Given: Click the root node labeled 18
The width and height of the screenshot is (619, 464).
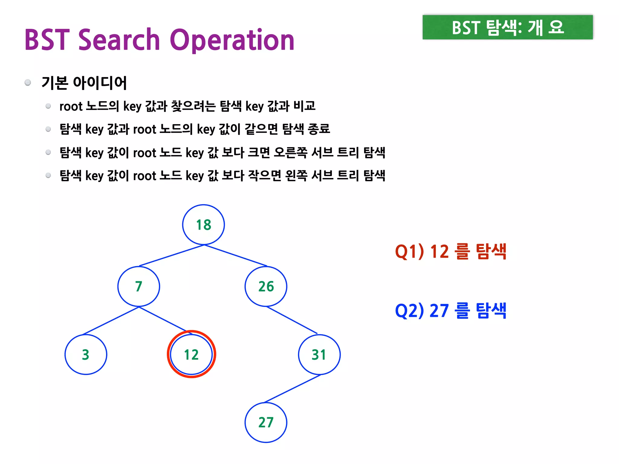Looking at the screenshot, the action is point(203,225).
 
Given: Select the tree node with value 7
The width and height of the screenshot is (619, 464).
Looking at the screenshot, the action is point(139,286).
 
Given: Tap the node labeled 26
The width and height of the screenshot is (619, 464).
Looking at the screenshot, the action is point(266,286).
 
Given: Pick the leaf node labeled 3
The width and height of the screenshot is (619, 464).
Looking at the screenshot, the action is point(86,355).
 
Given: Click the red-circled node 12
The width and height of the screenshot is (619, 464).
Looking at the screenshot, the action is point(191,354).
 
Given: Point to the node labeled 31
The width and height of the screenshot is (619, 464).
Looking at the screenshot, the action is point(319,355).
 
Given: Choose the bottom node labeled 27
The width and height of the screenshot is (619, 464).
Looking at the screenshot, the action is point(266,422).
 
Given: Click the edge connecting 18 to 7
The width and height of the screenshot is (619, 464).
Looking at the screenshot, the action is point(172,256).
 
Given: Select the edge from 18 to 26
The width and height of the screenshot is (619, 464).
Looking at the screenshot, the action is point(236,256).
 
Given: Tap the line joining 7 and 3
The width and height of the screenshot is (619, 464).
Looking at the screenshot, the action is point(111,321).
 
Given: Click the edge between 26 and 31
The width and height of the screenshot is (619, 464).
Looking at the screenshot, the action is point(292,320).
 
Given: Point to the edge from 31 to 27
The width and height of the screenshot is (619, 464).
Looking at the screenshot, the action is point(293,389).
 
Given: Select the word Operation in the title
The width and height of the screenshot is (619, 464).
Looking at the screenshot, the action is point(232,40).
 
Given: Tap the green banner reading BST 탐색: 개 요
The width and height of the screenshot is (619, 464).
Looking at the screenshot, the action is point(507,27).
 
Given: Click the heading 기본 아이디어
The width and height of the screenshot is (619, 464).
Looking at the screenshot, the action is point(84,83).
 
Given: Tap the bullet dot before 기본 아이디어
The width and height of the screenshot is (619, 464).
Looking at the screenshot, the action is point(28,82).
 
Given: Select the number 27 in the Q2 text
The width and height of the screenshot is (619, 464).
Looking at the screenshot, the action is point(439,311).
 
